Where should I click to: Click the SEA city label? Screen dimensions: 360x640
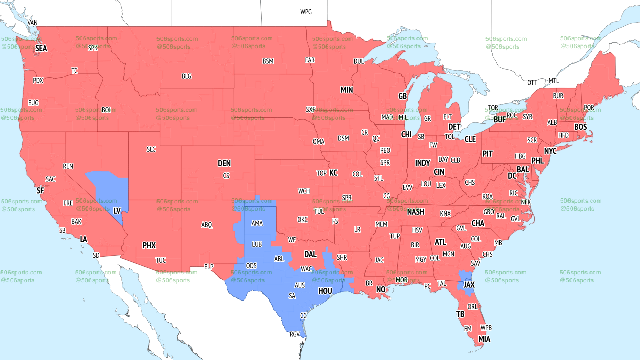pos(41,49)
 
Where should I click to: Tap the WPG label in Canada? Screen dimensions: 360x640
pos(306,12)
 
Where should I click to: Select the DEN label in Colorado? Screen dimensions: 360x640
pos(224,163)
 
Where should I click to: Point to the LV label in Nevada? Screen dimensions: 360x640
pos(117,211)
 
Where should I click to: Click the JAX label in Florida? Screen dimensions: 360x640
pos(469,284)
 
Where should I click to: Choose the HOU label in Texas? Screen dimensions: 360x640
pos(325,291)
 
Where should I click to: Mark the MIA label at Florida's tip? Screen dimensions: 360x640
pos(484,339)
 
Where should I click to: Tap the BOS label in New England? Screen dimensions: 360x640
pos(580,127)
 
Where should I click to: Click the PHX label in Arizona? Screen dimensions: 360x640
pos(149,245)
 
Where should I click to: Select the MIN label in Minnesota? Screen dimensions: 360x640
pos(347,90)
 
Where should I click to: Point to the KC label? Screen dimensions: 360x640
pos(333,173)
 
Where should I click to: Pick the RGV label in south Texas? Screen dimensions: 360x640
pos(295,334)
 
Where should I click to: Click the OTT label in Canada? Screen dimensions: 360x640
pos(532,82)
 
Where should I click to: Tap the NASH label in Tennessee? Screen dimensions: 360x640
pos(415,212)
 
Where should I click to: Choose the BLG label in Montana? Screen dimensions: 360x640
pos(186,76)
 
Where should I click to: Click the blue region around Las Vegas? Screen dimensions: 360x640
pos(107,187)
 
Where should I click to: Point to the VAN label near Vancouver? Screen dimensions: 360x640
pos(33,23)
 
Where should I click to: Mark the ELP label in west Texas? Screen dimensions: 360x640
pos(209,267)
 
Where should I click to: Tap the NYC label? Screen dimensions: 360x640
pos(550,151)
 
